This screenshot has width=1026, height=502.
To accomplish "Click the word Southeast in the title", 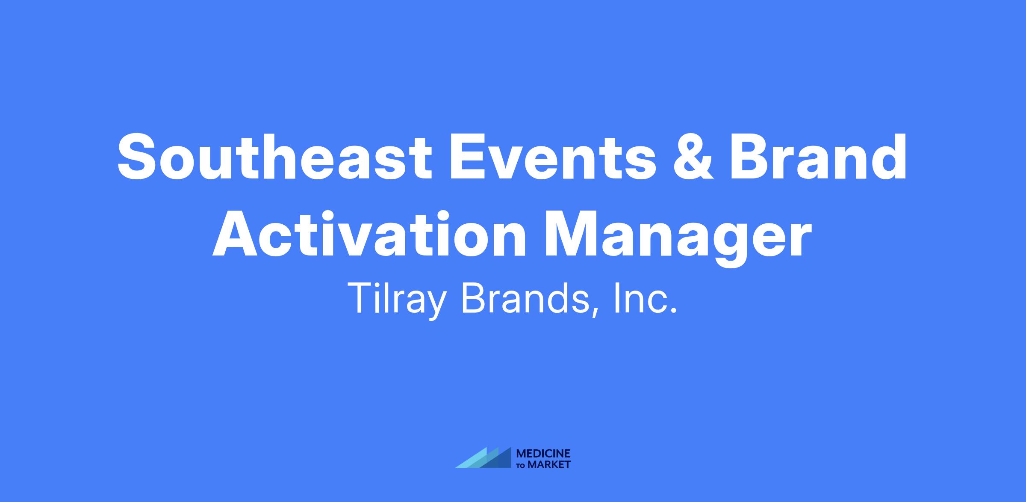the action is click(274, 156).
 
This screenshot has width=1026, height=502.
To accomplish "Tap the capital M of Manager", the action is click(573, 234).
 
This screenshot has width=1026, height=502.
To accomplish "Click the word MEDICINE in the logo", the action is click(543, 454).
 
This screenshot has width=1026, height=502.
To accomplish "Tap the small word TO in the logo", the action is click(521, 466).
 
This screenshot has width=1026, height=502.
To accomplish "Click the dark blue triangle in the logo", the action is click(500, 460).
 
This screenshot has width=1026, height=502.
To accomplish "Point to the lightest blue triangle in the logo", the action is click(474, 460).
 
